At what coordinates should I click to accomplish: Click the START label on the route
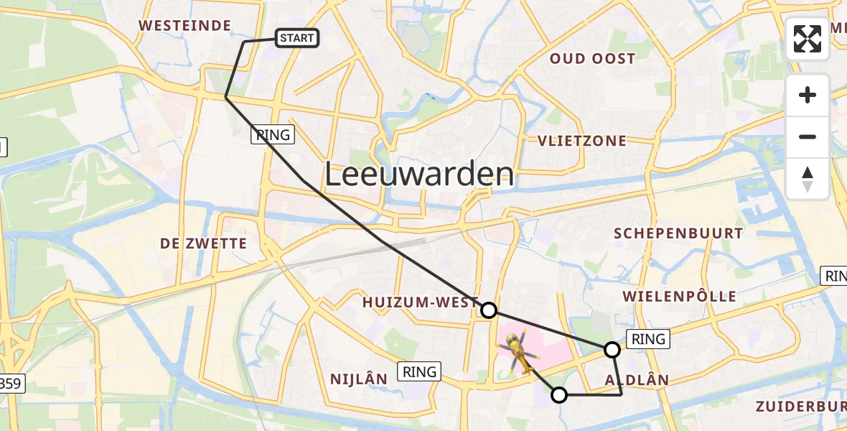pyautogui.click(x=297, y=38)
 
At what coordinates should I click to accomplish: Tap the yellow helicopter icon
pyautogui.click(x=519, y=353)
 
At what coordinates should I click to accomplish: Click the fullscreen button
pyautogui.click(x=808, y=39)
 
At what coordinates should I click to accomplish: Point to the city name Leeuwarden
pyautogui.click(x=420, y=175)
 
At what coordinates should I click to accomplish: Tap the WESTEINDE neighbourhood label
pyautogui.click(x=185, y=26)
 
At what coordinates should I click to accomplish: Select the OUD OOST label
pyautogui.click(x=592, y=59)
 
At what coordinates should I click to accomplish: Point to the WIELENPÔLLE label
pyautogui.click(x=679, y=296)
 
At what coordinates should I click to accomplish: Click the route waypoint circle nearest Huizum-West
pyautogui.click(x=488, y=310)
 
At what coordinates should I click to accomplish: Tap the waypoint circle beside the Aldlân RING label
pyautogui.click(x=612, y=350)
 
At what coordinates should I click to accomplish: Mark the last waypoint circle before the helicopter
pyautogui.click(x=558, y=394)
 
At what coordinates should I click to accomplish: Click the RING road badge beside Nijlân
pyautogui.click(x=419, y=371)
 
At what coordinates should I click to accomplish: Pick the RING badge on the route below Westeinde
pyautogui.click(x=273, y=134)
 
